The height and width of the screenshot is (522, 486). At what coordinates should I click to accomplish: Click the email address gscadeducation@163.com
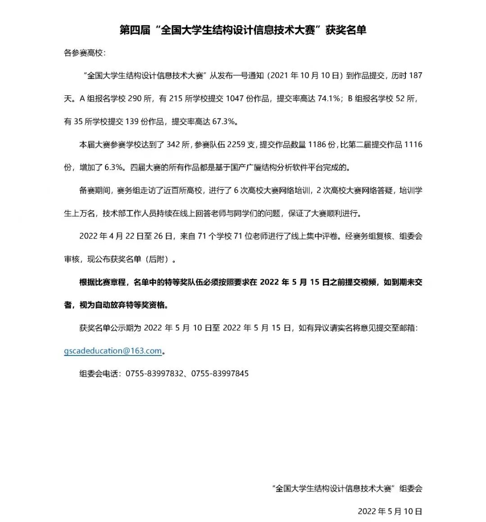pyautogui.click(x=113, y=351)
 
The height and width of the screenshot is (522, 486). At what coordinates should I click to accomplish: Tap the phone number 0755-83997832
pyautogui.click(x=154, y=373)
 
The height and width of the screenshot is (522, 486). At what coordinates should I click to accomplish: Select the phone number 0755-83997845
pyautogui.click(x=220, y=373)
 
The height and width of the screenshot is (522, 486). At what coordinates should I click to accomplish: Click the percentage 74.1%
pyautogui.click(x=328, y=99)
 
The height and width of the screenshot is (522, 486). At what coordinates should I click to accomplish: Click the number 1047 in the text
pyautogui.click(x=234, y=99)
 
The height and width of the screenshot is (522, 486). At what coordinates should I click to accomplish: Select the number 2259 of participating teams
pyautogui.click(x=236, y=144)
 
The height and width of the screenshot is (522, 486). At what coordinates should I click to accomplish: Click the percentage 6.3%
pyautogui.click(x=114, y=167)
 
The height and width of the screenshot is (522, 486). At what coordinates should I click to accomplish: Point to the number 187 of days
pyautogui.click(x=415, y=76)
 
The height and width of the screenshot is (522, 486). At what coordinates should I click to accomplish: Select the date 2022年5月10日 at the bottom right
pyautogui.click(x=390, y=511)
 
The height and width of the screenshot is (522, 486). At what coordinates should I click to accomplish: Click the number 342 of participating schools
pyautogui.click(x=173, y=144)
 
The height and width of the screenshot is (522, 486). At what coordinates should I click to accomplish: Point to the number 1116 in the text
pyautogui.click(x=413, y=144)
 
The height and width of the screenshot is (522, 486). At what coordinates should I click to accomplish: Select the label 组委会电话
pyautogui.click(x=99, y=373)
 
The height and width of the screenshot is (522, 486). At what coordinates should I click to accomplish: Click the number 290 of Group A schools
pyautogui.click(x=135, y=99)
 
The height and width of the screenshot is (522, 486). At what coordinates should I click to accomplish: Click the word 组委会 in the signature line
pyautogui.click(x=411, y=488)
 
